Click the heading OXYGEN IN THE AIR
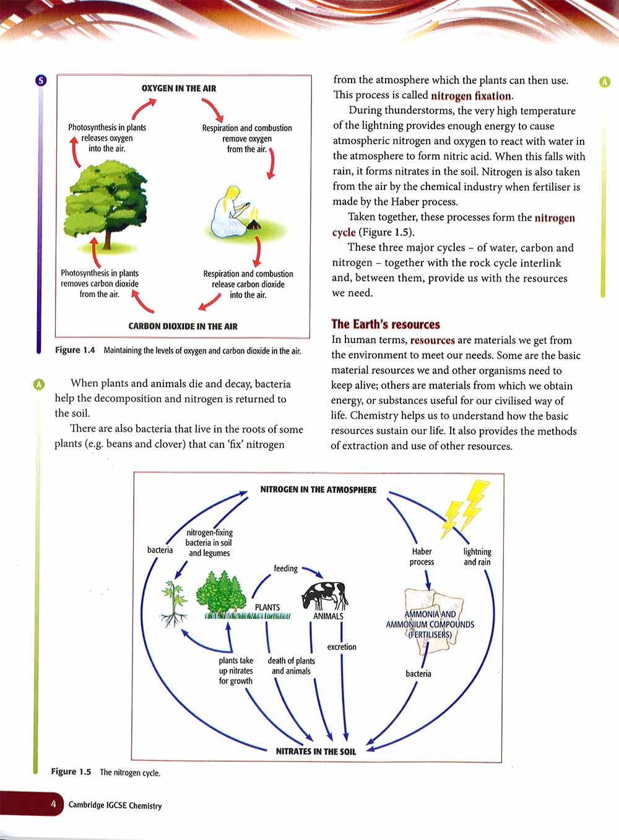[x=179, y=89]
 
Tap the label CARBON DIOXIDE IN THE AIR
[x=183, y=326]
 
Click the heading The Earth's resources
[x=385, y=324]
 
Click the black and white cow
[x=324, y=595]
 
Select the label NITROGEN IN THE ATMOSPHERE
[x=318, y=490]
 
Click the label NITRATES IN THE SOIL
[x=316, y=751]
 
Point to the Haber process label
[x=422, y=556]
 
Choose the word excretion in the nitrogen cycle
[x=342, y=647]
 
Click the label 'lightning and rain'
[x=477, y=556]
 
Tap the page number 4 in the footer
[x=54, y=804]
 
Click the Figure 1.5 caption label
[x=71, y=772]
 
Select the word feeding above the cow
[x=285, y=568]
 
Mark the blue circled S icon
[x=41, y=80]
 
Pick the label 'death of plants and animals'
[x=291, y=665]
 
